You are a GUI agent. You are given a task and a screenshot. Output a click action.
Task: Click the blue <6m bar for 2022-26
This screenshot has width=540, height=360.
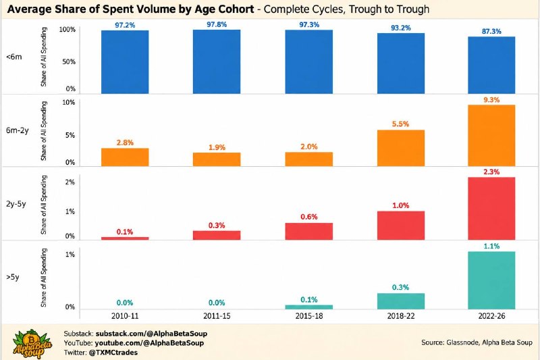[x=491, y=65]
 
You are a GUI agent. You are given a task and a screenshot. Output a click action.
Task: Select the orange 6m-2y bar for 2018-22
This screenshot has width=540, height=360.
[x=401, y=148]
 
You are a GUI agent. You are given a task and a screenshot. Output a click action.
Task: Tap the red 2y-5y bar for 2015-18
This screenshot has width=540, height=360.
[x=309, y=231]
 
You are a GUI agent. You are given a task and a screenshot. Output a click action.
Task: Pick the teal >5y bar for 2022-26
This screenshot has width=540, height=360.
[x=491, y=280]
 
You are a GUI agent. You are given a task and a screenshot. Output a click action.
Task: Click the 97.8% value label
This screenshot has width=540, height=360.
[x=217, y=24]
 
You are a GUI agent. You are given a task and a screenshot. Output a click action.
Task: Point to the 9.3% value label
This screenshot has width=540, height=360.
[x=491, y=100]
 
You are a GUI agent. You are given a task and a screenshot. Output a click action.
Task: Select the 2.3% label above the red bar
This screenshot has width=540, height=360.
[x=491, y=172]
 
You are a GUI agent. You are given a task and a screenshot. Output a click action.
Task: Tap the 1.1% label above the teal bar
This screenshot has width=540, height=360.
[x=491, y=247]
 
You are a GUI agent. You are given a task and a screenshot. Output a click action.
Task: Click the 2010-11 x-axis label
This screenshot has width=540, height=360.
[x=125, y=316]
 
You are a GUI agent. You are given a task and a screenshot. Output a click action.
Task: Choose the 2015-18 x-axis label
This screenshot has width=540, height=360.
[x=309, y=316]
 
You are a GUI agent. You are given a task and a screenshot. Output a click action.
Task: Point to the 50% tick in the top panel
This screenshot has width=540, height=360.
[x=69, y=61]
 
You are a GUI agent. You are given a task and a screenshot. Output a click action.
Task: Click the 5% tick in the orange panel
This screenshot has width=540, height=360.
[x=70, y=135]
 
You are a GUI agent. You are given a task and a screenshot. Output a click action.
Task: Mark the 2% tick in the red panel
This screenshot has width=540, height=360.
[x=70, y=182]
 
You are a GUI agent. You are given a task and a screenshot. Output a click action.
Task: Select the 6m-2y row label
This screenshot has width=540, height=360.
[x=18, y=130]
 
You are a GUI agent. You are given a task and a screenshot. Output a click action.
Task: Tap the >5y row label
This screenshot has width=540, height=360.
[x=13, y=277]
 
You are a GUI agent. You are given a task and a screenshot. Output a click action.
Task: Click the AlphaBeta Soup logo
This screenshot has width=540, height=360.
[x=32, y=344]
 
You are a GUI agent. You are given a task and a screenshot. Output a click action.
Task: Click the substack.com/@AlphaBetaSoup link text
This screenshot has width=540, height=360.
[x=151, y=334]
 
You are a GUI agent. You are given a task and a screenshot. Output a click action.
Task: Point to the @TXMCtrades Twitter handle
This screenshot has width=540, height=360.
[x=113, y=353]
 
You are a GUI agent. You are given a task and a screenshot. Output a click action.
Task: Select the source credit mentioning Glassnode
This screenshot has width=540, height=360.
[x=477, y=342]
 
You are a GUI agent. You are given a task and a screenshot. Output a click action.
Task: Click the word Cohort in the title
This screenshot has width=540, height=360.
[x=234, y=9]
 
